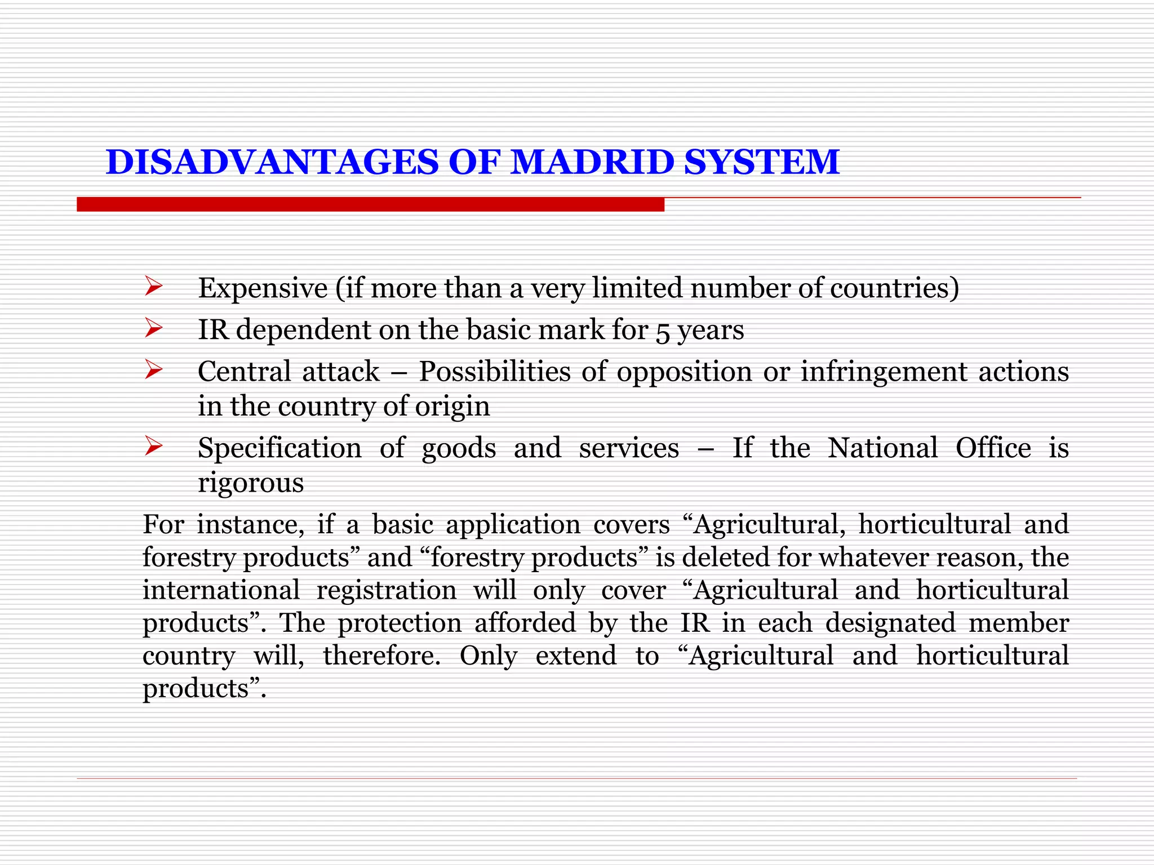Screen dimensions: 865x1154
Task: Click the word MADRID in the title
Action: click(592, 162)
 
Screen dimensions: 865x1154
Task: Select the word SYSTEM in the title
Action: click(762, 162)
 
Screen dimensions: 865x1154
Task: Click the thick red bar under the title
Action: click(370, 204)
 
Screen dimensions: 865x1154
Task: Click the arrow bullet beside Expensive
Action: click(153, 287)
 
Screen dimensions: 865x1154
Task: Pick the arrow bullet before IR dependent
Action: click(153, 328)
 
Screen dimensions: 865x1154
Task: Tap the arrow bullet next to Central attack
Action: click(153, 370)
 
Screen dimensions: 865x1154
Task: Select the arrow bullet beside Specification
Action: click(153, 446)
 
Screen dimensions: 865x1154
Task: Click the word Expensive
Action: click(263, 288)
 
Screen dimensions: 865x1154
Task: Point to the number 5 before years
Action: click(663, 332)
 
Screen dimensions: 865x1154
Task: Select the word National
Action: click(882, 448)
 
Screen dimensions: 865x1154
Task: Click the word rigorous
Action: click(251, 484)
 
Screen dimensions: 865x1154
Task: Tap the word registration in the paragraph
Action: click(387, 590)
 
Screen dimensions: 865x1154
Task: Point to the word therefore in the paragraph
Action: click(381, 656)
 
